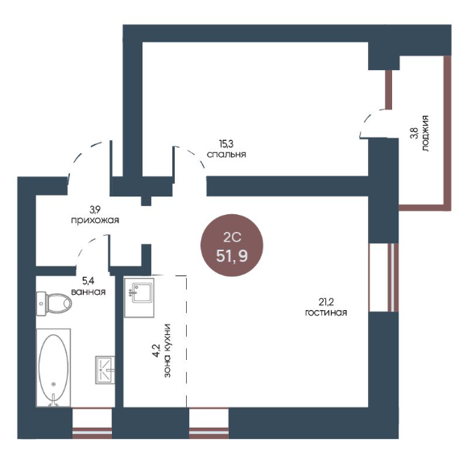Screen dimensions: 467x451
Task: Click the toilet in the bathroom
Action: coord(54,304)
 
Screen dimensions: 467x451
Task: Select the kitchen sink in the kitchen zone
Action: coord(139,298)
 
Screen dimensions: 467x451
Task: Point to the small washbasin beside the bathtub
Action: coord(105,370)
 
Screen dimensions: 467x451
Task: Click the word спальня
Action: coord(226,155)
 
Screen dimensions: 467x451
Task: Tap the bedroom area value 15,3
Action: coord(226,144)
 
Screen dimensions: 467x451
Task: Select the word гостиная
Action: coord(326,312)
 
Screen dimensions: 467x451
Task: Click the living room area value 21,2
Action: coord(326,302)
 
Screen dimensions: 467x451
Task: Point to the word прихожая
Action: coord(95,221)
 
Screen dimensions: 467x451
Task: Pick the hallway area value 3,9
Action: coord(95,210)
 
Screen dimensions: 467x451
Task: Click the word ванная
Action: coord(89,292)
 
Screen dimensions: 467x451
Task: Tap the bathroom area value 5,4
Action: coord(89,280)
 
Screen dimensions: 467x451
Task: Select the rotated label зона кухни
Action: coord(167,350)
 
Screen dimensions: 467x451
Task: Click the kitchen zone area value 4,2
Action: coord(157,350)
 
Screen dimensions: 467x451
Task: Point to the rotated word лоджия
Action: coord(425,133)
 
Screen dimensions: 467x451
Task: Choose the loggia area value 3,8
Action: coord(415,133)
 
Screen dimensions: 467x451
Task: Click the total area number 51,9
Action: coord(232,255)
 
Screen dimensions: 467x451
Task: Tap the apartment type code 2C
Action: coord(232,238)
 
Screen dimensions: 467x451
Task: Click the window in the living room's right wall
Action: coord(383,278)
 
